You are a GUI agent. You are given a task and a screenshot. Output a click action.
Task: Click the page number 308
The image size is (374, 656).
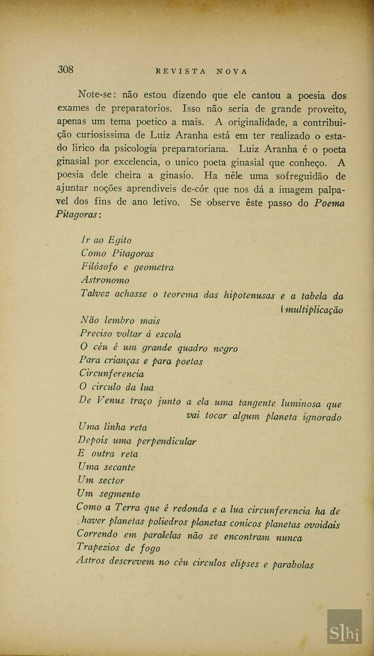65,70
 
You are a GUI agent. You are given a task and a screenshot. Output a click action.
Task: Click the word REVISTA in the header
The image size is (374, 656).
181,72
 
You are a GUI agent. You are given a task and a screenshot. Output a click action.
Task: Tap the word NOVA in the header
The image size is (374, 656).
232,72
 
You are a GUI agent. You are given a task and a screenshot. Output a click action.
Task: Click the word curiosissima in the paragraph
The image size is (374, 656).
103,135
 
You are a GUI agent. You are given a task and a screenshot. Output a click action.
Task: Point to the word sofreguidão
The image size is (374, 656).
302,176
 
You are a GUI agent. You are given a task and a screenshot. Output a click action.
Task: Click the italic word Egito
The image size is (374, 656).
119,240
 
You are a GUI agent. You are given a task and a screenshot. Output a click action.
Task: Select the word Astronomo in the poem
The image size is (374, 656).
105,280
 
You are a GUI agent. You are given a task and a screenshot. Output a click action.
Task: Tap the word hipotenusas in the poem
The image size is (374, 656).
249,295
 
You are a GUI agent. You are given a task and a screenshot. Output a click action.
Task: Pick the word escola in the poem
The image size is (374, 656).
168,334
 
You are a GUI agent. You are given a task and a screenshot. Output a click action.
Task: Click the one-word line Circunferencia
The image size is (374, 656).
112,374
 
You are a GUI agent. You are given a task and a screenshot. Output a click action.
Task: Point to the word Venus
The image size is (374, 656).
110,401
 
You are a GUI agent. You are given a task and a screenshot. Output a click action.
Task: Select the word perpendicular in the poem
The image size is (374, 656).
166,441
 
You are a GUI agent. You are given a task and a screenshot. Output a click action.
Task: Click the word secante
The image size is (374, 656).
120,467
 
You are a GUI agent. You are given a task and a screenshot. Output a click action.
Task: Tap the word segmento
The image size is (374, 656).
120,494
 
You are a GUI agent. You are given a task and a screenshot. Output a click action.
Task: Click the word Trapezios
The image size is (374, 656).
98,547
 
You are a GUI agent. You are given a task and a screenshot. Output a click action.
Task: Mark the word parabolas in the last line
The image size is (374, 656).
293,565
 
